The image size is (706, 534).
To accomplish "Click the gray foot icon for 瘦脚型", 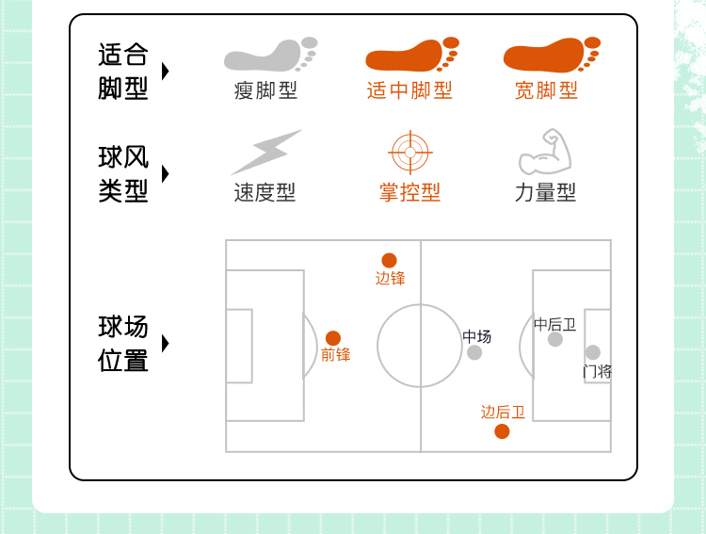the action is (268, 56).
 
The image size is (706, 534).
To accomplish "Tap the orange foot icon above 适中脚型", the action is (411, 56).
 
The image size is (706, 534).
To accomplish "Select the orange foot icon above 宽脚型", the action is (551, 56).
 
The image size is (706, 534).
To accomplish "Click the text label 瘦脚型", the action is (265, 90).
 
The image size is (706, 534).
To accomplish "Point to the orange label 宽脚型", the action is (546, 90).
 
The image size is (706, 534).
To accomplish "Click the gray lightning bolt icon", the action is (265, 153).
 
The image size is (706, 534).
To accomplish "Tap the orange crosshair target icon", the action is (409, 153).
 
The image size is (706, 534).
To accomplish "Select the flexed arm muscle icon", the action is (545, 153).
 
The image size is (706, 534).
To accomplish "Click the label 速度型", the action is (265, 193).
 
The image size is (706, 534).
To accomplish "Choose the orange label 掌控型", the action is (409, 193).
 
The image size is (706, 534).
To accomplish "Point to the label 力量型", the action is (545, 193).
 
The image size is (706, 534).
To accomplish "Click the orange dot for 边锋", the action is (389, 261).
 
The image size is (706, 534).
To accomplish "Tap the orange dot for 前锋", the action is (333, 338).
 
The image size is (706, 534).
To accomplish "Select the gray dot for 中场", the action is (474, 352).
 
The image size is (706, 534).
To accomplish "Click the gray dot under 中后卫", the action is (555, 339).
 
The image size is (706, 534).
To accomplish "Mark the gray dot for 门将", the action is (593, 352).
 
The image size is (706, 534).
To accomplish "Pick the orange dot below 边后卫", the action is (502, 431).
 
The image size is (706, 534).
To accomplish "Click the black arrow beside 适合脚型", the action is (166, 72).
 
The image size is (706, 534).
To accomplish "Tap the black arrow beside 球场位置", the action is (166, 344).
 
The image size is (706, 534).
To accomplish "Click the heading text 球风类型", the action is (123, 174).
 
